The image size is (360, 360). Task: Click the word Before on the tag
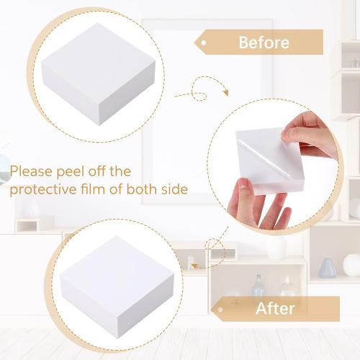(264, 42)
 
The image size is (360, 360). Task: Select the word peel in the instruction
(78, 172)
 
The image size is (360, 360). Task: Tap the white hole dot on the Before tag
(204, 42)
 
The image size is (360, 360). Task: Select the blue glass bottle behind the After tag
(257, 285)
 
